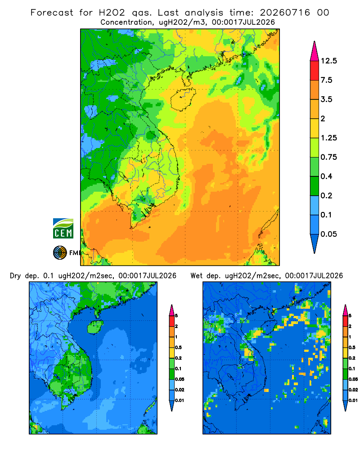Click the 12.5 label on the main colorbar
pyautogui.click(x=328, y=61)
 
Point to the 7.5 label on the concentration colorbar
pyautogui.click(x=326, y=80)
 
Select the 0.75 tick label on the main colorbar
pyautogui.click(x=328, y=157)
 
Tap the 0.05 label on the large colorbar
pyautogui.click(x=328, y=234)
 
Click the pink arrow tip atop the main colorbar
pyautogui.click(x=315, y=42)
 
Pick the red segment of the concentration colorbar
pyautogui.click(x=315, y=70)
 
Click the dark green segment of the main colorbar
pyautogui.click(x=315, y=186)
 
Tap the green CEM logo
pyautogui.click(x=63, y=228)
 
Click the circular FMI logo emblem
pyautogui.click(x=60, y=252)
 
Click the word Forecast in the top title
pyautogui.click(x=52, y=13)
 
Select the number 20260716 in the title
pyautogui.click(x=285, y=13)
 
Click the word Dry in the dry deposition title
pyautogui.click(x=15, y=276)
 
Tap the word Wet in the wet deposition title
pyautogui.click(x=197, y=275)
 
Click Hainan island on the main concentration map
pyautogui.click(x=183, y=99)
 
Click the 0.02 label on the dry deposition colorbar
pyautogui.click(x=180, y=390)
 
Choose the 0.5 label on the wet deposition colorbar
pyautogui.click(x=351, y=347)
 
